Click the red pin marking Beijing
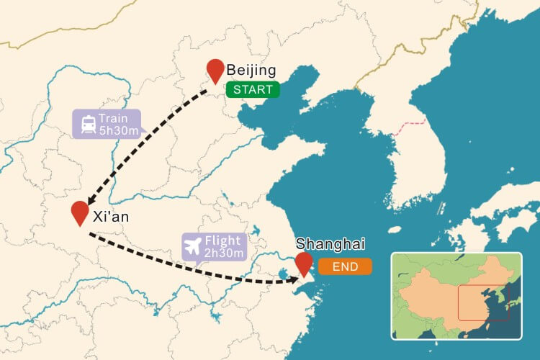click(215, 71)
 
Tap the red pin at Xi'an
click(81, 212)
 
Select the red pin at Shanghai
click(305, 263)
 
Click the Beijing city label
click(251, 71)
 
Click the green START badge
click(252, 89)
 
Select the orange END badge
click(346, 266)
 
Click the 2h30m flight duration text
click(225, 253)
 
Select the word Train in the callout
click(114, 118)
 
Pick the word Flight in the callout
click(223, 240)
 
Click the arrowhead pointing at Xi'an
click(90, 202)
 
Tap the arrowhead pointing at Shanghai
click(293, 279)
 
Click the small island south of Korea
click(395, 230)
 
